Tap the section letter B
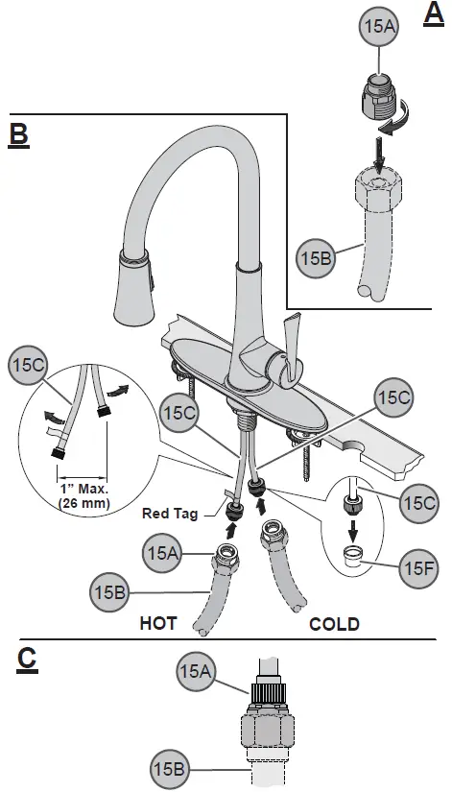point(18,133)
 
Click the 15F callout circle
point(418,568)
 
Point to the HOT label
point(159,624)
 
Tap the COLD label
point(334,624)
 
